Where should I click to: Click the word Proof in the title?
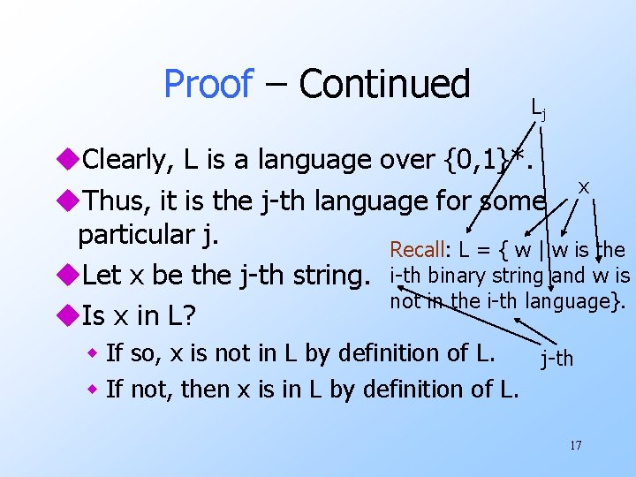(x=208, y=85)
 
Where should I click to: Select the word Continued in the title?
(x=384, y=85)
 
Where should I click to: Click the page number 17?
(x=575, y=445)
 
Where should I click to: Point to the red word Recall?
(x=420, y=250)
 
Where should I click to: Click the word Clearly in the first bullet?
(x=129, y=160)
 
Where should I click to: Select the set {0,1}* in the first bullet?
(x=485, y=160)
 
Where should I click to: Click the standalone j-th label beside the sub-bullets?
(x=557, y=359)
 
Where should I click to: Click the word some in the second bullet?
(x=513, y=201)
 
